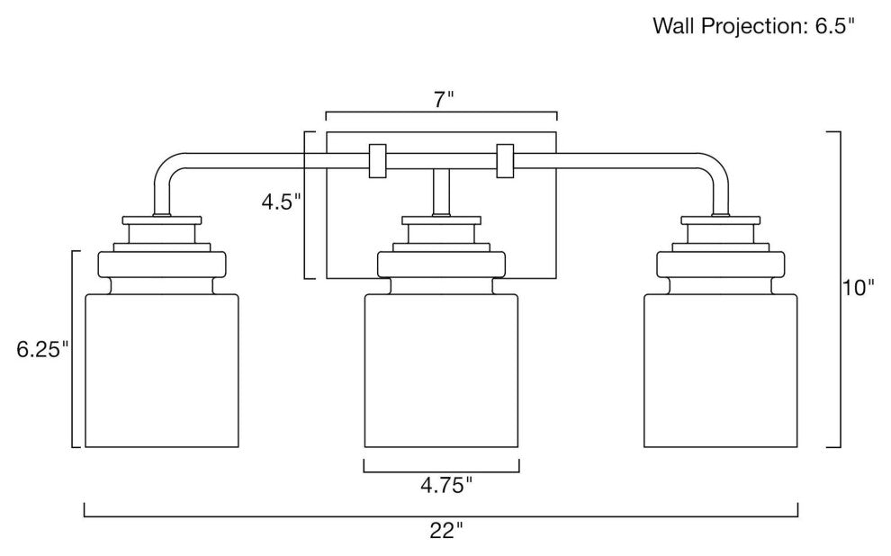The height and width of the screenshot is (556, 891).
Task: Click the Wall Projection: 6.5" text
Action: [752, 26]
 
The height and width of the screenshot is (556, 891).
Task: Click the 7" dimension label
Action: [440, 100]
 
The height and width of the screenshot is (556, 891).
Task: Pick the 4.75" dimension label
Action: [441, 486]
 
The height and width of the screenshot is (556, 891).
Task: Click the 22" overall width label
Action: [441, 531]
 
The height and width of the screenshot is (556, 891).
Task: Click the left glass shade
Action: [162, 369]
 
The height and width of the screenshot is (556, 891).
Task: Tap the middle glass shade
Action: [441, 369]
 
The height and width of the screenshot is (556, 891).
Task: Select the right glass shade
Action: [722, 369]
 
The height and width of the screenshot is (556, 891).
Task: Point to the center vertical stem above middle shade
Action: [441, 192]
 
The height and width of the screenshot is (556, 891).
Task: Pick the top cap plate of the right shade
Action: [721, 220]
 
